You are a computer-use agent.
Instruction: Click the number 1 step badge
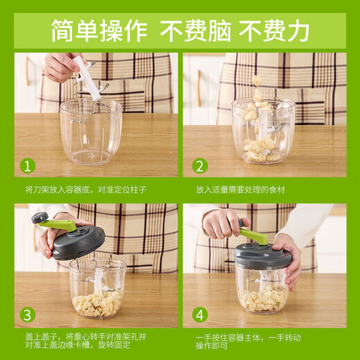click(x=27, y=166)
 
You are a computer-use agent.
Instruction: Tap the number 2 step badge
click(x=199, y=166)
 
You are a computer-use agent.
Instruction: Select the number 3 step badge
click(x=27, y=316)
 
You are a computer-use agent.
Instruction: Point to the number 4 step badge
click(x=199, y=316)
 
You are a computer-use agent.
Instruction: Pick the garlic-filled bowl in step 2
click(x=262, y=135)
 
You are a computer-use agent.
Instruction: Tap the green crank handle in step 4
click(x=253, y=235)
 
